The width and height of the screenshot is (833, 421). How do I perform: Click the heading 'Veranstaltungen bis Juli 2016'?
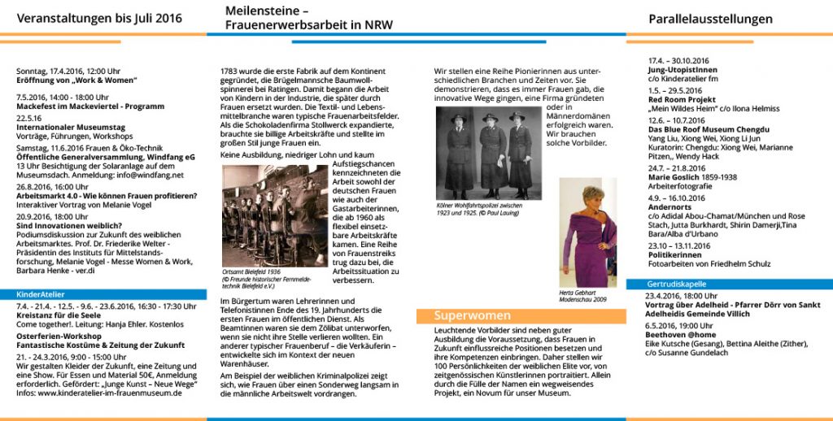click(99, 19)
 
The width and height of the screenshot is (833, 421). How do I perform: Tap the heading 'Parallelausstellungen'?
click(710, 19)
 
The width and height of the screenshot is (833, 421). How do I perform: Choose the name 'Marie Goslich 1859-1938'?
click(692, 176)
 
